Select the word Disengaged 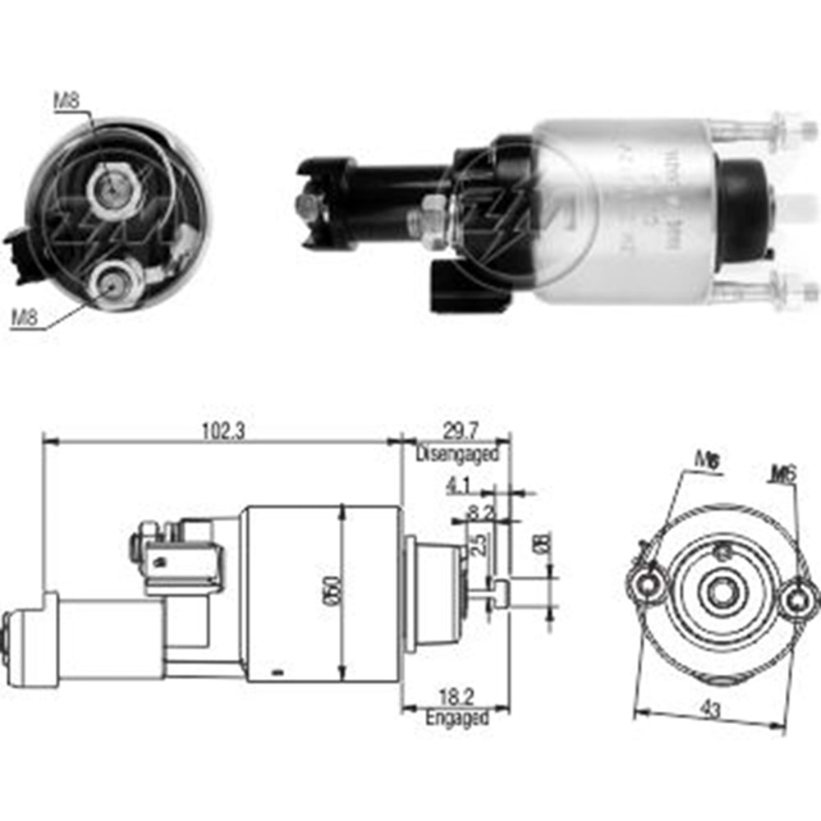point(456,453)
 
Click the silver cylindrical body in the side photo point(624,209)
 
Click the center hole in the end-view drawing point(724,590)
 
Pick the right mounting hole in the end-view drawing point(795,600)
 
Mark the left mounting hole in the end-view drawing point(650,584)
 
